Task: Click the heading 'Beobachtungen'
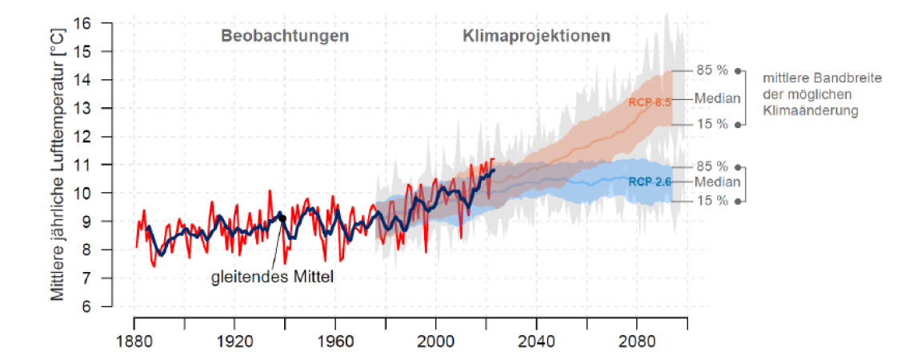tap(285, 36)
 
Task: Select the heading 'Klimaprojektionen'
tap(536, 36)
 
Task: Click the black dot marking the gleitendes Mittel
tap(282, 218)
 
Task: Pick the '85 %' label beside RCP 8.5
tap(711, 70)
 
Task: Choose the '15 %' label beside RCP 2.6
tap(711, 200)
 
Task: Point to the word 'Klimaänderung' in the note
tap(810, 111)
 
